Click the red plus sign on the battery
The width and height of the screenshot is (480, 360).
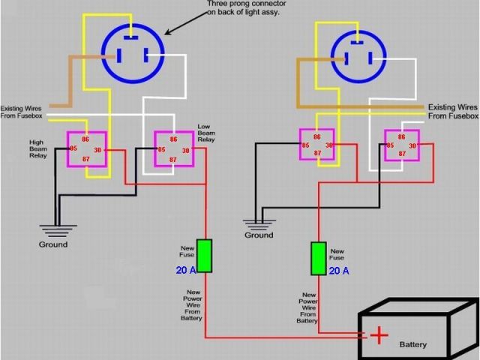click(381, 334)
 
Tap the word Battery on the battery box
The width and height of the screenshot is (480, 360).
click(413, 345)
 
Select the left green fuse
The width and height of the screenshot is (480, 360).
click(204, 255)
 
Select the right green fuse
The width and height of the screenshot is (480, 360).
click(319, 258)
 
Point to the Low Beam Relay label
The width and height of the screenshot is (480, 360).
click(206, 133)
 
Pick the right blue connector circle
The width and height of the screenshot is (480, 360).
click(357, 54)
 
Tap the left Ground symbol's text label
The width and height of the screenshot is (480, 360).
click(53, 244)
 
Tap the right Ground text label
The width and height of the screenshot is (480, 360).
click(259, 235)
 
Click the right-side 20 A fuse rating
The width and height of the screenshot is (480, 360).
click(339, 271)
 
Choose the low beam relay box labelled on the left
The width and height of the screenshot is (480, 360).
click(173, 148)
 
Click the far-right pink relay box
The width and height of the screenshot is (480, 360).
click(401, 145)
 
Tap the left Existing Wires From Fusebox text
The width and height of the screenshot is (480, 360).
click(22, 112)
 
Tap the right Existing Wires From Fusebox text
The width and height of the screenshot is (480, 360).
click(452, 112)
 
